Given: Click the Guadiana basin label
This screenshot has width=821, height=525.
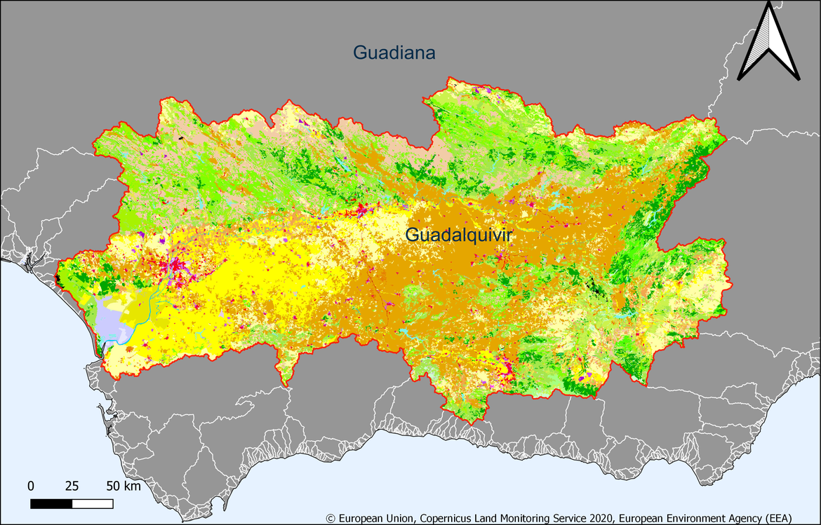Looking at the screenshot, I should (394, 53).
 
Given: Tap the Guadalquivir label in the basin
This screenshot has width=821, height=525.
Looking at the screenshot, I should (459, 236).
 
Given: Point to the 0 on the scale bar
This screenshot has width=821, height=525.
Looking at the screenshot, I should (31, 486).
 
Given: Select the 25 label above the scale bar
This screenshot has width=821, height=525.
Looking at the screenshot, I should (72, 486).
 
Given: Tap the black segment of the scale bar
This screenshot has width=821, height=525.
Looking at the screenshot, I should (51, 503).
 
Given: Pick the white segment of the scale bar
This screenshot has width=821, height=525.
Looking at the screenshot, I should (93, 503).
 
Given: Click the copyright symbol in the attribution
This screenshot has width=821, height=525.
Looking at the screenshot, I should (331, 518).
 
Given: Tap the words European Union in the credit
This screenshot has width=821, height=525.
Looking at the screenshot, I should (376, 518).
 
